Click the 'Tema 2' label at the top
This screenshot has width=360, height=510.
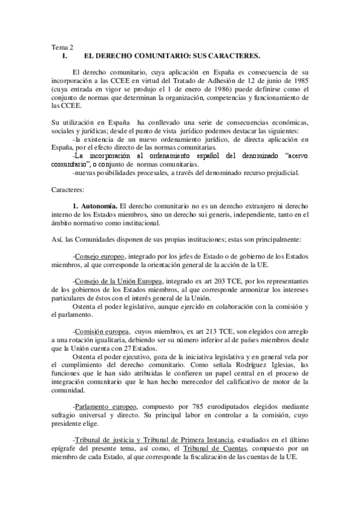pyautogui.click(x=62, y=48)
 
